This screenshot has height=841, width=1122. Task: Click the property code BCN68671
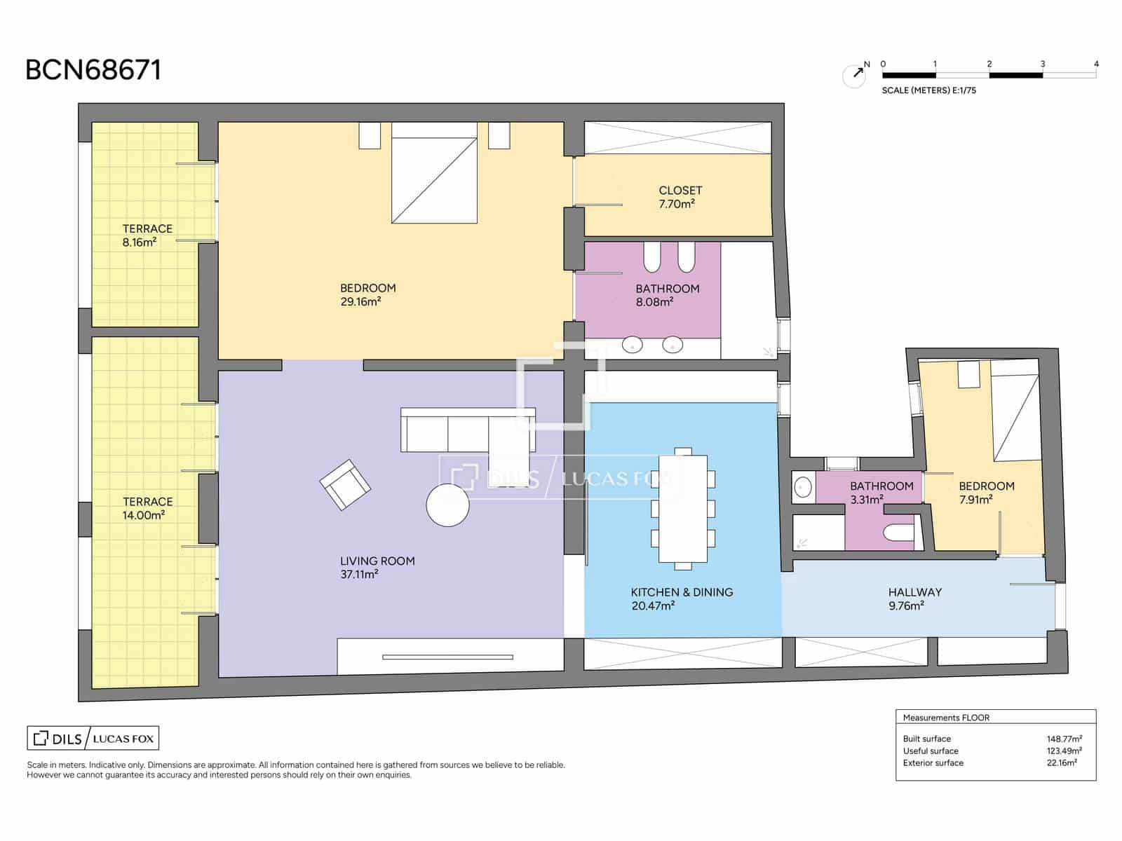click(x=93, y=70)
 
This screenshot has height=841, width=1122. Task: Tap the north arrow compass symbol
click(x=854, y=75)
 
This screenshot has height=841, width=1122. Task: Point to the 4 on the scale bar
click(x=1096, y=64)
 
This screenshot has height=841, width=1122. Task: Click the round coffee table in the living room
click(x=447, y=505)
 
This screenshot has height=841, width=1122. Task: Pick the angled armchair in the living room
click(x=345, y=485)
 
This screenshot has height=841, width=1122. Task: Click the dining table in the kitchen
click(x=682, y=508)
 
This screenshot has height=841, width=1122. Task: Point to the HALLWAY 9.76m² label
click(x=914, y=599)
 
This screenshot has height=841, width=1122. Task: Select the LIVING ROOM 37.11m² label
click(x=377, y=567)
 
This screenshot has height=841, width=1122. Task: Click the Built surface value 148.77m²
click(x=1063, y=739)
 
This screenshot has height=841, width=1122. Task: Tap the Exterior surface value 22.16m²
click(x=1061, y=763)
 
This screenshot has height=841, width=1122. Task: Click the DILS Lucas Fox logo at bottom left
click(x=93, y=738)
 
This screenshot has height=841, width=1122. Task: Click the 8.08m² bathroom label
click(x=666, y=295)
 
